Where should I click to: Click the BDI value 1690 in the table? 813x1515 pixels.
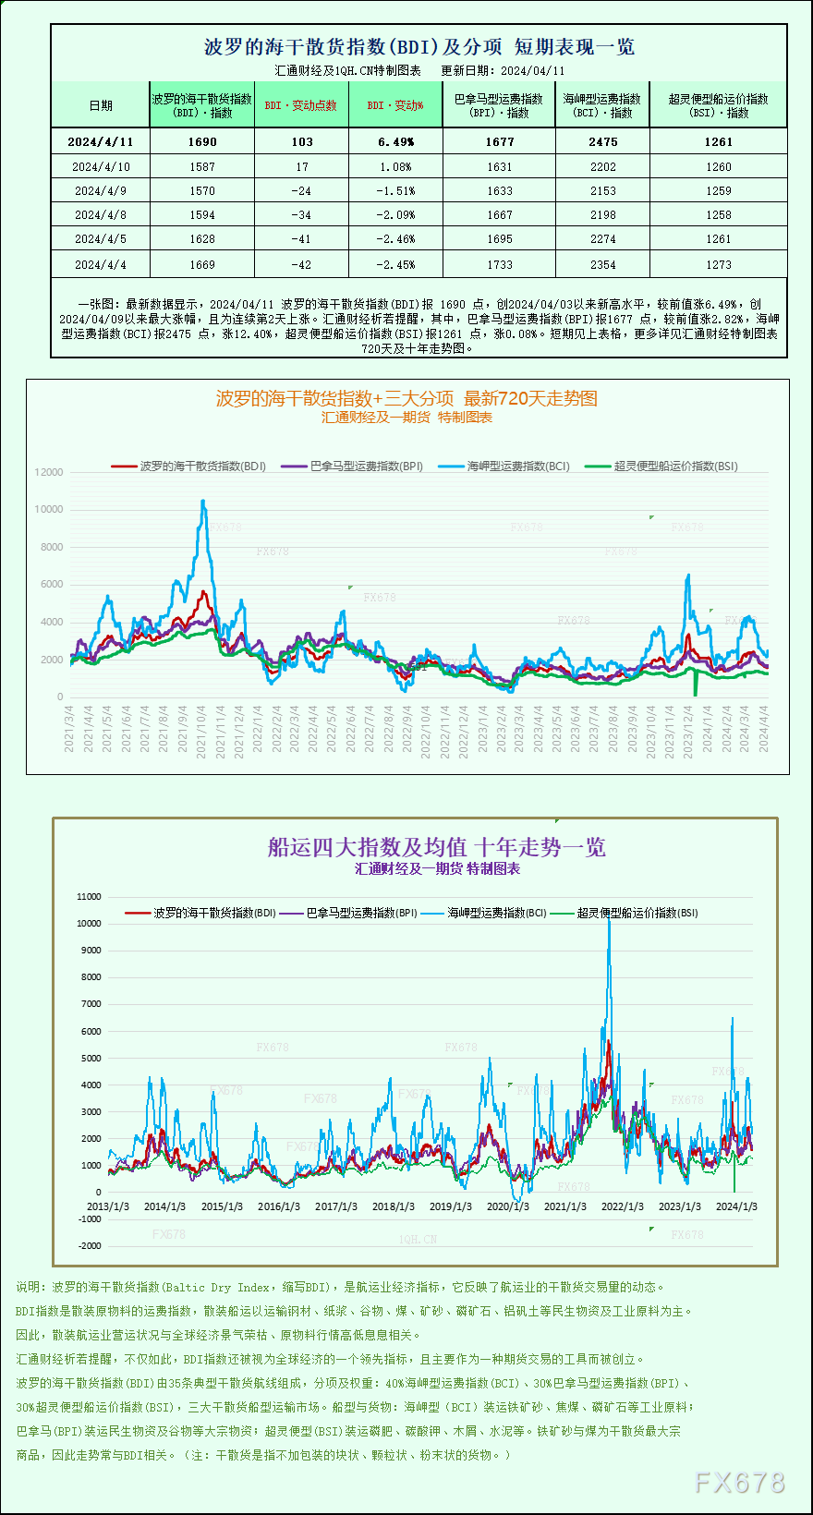(202, 142)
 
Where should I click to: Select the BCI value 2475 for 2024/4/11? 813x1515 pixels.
(602, 142)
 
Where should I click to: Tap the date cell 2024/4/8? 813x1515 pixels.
(101, 215)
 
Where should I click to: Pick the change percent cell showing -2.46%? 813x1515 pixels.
(395, 239)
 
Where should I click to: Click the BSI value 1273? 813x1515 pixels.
(718, 265)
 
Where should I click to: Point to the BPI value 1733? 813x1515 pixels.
(499, 265)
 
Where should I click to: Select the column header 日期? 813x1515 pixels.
(101, 105)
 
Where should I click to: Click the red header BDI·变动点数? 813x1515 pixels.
(301, 105)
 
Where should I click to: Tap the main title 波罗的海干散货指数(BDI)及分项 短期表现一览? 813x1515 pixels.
(419, 47)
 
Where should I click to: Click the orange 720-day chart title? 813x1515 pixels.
(406, 398)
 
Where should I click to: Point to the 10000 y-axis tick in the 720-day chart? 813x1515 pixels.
(49, 510)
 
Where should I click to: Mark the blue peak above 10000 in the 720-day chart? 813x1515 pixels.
(203, 502)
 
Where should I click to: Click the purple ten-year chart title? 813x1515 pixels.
(436, 847)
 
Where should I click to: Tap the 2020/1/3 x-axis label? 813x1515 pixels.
(507, 1206)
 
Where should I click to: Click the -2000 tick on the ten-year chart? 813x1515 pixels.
(89, 1246)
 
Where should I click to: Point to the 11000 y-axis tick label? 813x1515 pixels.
(89, 897)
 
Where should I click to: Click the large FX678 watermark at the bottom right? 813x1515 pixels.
(739, 1483)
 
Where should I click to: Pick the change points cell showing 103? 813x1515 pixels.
(301, 142)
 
